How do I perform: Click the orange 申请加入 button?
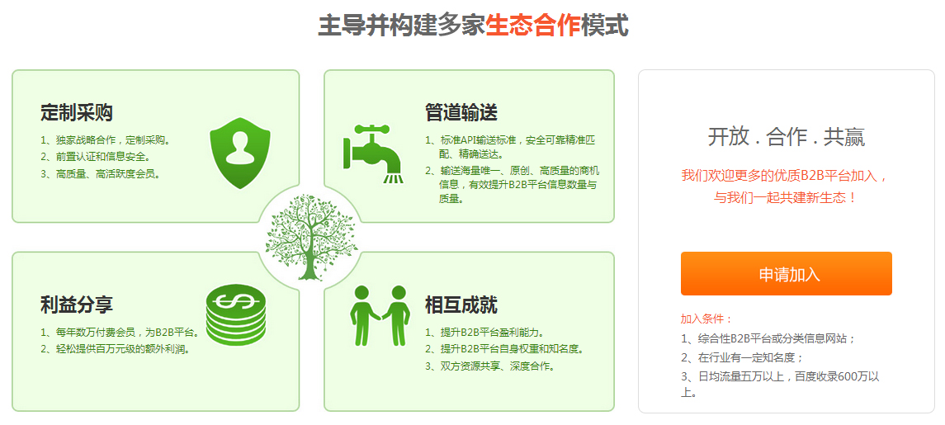click(786, 274)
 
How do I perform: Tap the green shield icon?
click(240, 153)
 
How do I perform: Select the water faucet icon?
click(372, 153)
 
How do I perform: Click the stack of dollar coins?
click(236, 314)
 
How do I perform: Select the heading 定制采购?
click(77, 112)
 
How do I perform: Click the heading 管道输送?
click(461, 112)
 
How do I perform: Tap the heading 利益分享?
click(77, 305)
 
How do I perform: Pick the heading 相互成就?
click(461, 305)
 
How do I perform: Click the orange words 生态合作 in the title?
click(533, 26)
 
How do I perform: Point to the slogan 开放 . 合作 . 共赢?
click(786, 138)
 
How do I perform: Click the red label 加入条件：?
click(706, 319)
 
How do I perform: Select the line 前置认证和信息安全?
click(96, 157)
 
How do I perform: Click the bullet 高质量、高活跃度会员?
click(101, 174)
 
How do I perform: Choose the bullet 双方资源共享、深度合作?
click(490, 366)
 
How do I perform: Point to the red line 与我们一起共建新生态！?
click(786, 197)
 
